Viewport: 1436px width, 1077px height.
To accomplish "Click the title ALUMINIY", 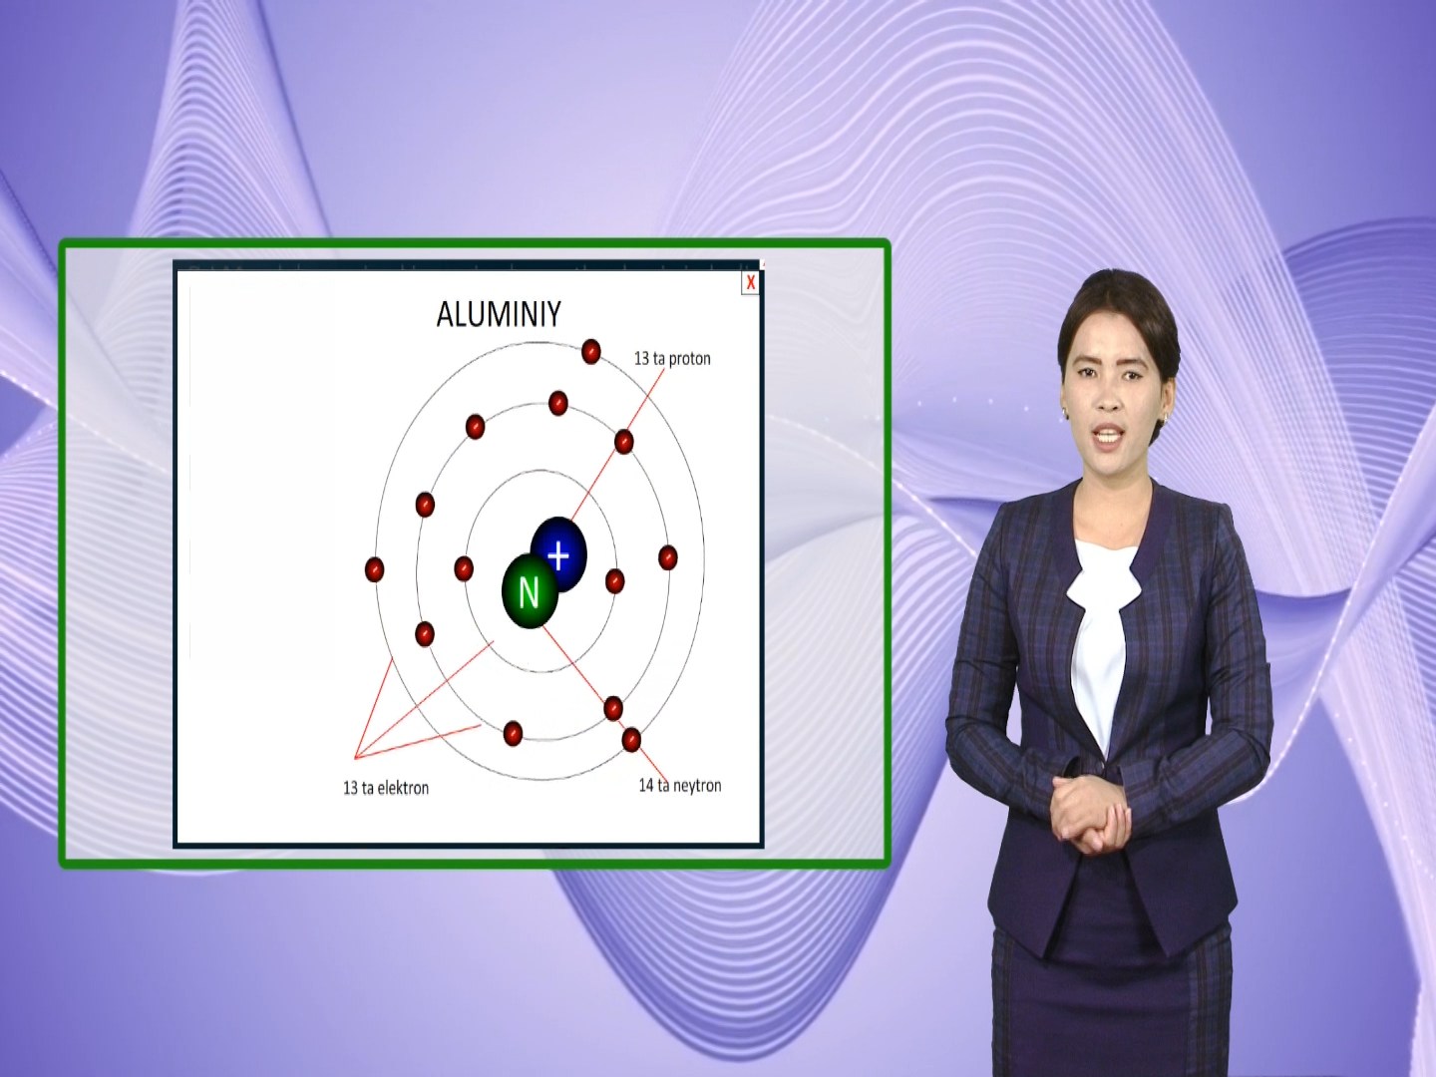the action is [x=499, y=314].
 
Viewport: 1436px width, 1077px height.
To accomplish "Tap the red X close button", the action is [x=750, y=282].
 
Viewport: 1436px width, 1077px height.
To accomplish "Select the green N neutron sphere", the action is [x=530, y=591].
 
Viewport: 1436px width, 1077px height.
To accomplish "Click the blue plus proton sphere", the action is [x=559, y=553].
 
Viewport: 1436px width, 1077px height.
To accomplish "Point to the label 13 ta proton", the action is [x=672, y=358].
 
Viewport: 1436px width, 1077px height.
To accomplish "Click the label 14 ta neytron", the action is [x=680, y=786].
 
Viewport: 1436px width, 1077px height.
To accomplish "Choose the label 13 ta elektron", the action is [x=386, y=788].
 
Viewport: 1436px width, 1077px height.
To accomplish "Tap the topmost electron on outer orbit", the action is [x=590, y=351].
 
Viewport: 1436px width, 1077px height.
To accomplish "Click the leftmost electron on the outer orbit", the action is [x=374, y=569].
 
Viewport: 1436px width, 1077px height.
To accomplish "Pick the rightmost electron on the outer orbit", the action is [x=667, y=557].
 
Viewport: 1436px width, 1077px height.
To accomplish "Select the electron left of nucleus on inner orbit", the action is [x=463, y=568].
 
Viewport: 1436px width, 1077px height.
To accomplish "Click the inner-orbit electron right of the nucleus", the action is [x=615, y=580].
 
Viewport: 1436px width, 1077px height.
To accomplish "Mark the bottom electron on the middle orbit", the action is [x=513, y=733].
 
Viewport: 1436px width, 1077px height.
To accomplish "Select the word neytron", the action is [x=697, y=786].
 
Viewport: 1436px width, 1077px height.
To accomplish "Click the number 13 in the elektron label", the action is [x=351, y=788].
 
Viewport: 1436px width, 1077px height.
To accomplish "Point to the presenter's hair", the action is [x=1119, y=314].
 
